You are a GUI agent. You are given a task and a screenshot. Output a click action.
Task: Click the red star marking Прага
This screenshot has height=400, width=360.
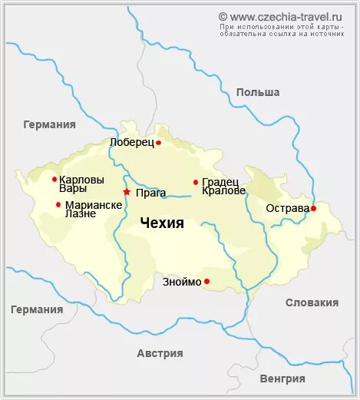127,192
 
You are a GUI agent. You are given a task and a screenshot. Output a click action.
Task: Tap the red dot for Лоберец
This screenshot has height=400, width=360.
158,143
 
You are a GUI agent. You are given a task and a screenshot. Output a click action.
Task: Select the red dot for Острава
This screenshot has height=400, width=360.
313,208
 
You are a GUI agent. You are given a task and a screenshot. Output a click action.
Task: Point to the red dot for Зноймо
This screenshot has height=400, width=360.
206,282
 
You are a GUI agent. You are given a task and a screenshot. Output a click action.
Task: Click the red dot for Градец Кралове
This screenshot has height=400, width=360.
196,182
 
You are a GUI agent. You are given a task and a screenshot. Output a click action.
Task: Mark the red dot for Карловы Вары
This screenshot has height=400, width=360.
54,179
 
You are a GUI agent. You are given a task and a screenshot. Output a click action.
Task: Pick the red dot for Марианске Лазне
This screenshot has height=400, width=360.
58,204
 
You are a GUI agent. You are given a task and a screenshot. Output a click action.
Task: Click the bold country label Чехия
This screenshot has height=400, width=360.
162,223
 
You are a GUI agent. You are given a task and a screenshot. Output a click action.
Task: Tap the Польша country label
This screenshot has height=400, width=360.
258,93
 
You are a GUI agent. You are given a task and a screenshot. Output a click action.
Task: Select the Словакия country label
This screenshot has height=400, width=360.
312,302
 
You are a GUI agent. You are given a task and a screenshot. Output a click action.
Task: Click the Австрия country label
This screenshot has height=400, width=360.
160,353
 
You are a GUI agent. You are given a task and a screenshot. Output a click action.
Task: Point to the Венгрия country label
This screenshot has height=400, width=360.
282,379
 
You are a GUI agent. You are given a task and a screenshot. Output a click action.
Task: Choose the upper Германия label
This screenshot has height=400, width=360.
49,124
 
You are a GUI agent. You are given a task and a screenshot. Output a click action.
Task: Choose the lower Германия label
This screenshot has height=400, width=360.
37,309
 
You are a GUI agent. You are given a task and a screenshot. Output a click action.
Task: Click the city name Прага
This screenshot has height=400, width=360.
150,193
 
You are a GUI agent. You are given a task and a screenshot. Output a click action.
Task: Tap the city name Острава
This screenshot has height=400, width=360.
287,208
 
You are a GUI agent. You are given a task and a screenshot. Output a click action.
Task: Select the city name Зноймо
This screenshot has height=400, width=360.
182,282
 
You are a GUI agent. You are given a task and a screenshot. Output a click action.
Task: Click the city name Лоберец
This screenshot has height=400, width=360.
132,143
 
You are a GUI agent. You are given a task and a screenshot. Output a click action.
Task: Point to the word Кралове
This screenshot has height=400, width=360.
224,190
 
